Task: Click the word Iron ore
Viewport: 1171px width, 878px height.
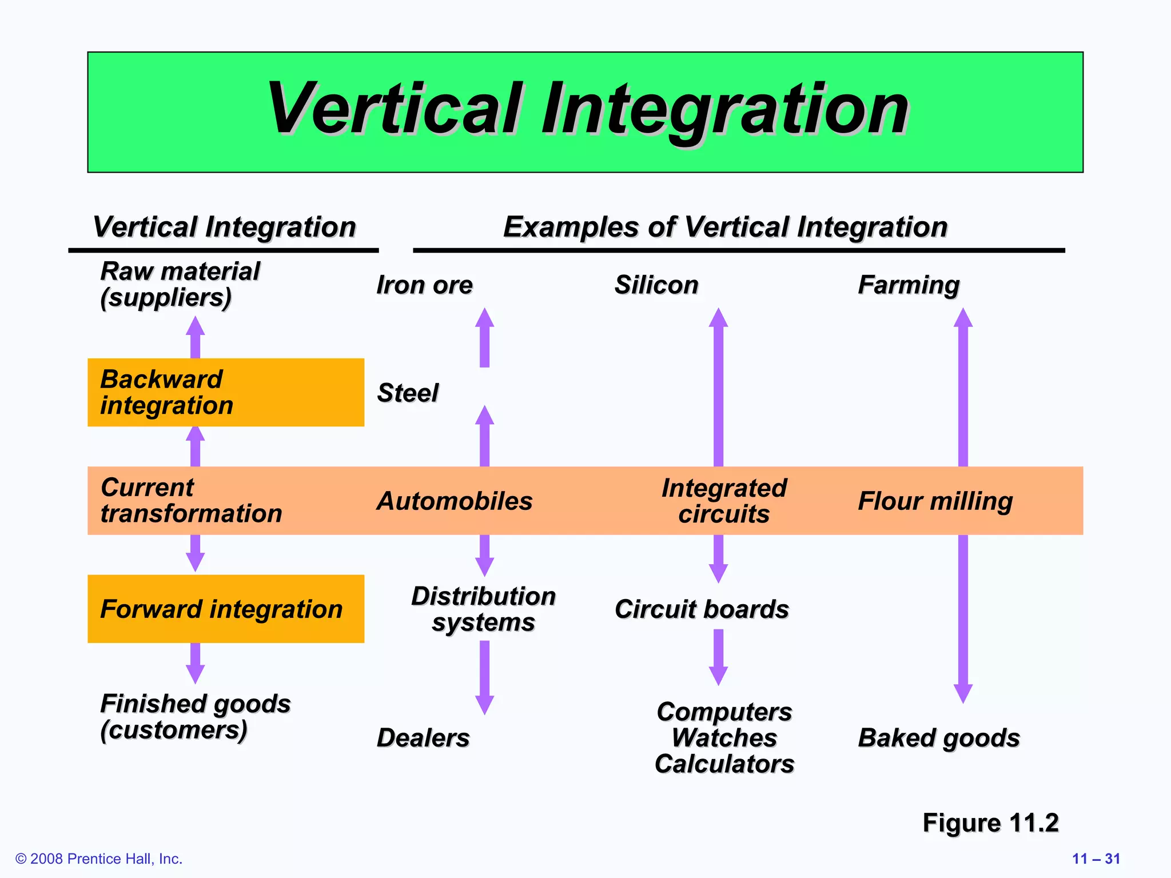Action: click(x=424, y=285)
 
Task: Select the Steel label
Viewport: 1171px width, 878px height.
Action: click(x=408, y=393)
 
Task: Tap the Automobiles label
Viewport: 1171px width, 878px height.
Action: click(x=455, y=501)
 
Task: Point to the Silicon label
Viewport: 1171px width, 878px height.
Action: click(x=656, y=285)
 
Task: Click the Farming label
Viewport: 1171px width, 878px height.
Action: click(x=909, y=285)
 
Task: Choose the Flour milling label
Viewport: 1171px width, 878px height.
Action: click(x=935, y=501)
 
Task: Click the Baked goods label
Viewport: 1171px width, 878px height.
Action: click(x=939, y=737)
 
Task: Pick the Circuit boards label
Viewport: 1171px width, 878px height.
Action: click(x=702, y=609)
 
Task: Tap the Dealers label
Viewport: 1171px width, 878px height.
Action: click(x=423, y=737)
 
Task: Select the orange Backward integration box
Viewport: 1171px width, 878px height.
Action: click(x=226, y=392)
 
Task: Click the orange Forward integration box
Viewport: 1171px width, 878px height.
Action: click(x=226, y=609)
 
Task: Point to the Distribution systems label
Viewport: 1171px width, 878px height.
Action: click(x=484, y=609)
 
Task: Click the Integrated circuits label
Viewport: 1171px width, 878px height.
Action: click(x=724, y=501)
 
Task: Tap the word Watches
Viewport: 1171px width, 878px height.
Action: click(x=724, y=737)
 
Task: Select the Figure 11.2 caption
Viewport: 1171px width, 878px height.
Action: click(x=990, y=823)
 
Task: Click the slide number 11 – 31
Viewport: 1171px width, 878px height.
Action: click(x=1096, y=859)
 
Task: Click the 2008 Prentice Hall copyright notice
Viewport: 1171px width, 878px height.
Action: click(x=99, y=859)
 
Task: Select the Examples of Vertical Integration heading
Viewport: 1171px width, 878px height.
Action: click(x=725, y=227)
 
